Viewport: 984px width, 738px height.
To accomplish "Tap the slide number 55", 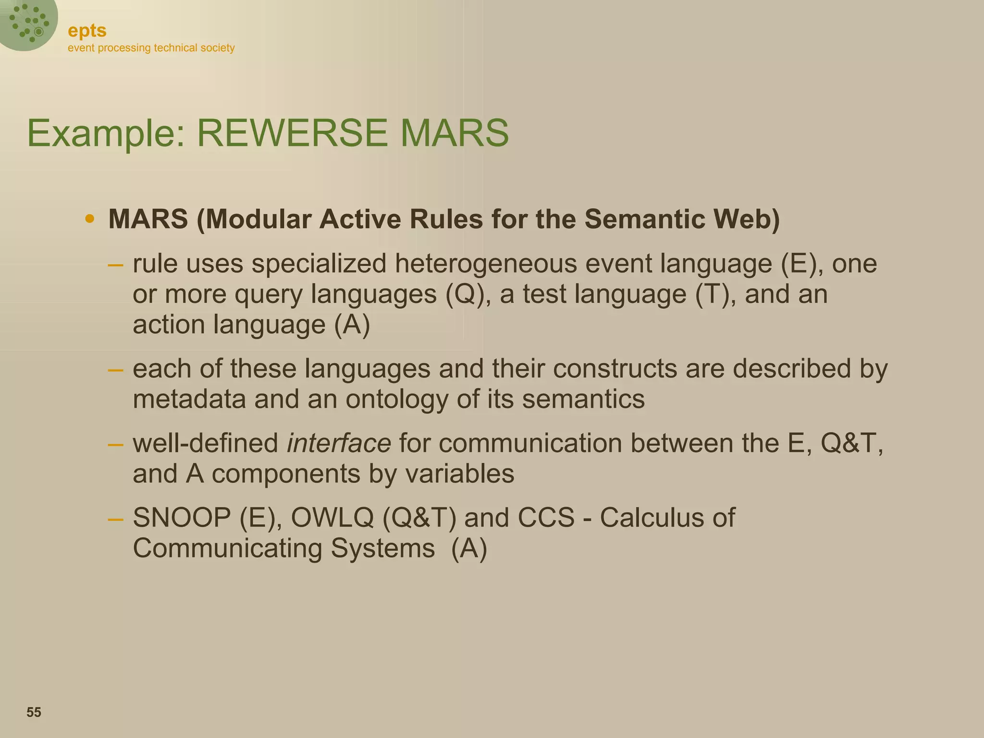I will [34, 712].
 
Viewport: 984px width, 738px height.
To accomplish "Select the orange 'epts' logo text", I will [87, 31].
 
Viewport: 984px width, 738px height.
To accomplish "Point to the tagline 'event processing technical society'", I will [151, 48].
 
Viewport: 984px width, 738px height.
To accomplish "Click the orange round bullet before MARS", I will [89, 219].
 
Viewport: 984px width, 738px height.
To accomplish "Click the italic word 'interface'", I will [339, 443].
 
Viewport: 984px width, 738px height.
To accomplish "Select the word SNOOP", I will [182, 517].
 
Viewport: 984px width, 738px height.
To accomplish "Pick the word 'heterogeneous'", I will [486, 264].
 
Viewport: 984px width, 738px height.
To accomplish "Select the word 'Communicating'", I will [227, 548].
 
